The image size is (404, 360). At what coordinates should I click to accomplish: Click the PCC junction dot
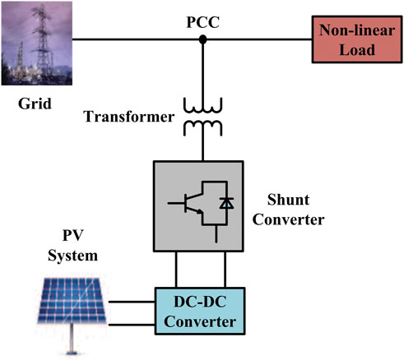[x=203, y=39]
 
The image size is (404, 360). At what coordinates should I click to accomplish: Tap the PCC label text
[x=203, y=17]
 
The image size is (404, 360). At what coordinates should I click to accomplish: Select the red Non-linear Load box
[x=353, y=38]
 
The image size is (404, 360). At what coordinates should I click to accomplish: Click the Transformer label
[x=128, y=118]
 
